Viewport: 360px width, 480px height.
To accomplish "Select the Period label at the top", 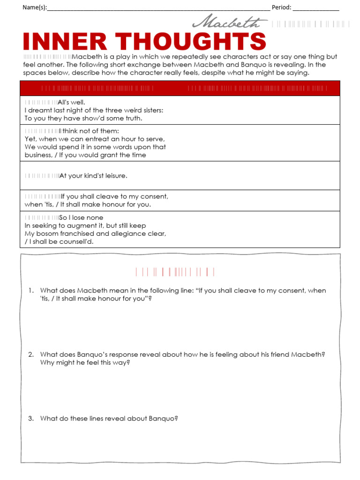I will click(281, 7).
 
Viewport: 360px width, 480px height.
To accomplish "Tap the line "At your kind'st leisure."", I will click(93, 176).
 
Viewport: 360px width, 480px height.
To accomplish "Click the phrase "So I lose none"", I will click(81, 217).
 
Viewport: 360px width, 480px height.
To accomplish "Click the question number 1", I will click(30, 291).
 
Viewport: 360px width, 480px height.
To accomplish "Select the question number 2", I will click(30, 354).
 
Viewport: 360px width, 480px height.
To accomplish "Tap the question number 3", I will click(30, 419).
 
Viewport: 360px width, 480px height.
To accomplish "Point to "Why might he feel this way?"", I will click(85, 362).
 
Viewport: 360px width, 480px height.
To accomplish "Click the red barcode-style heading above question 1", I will click(175, 272).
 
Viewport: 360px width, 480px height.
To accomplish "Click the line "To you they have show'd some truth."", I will click(83, 118).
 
